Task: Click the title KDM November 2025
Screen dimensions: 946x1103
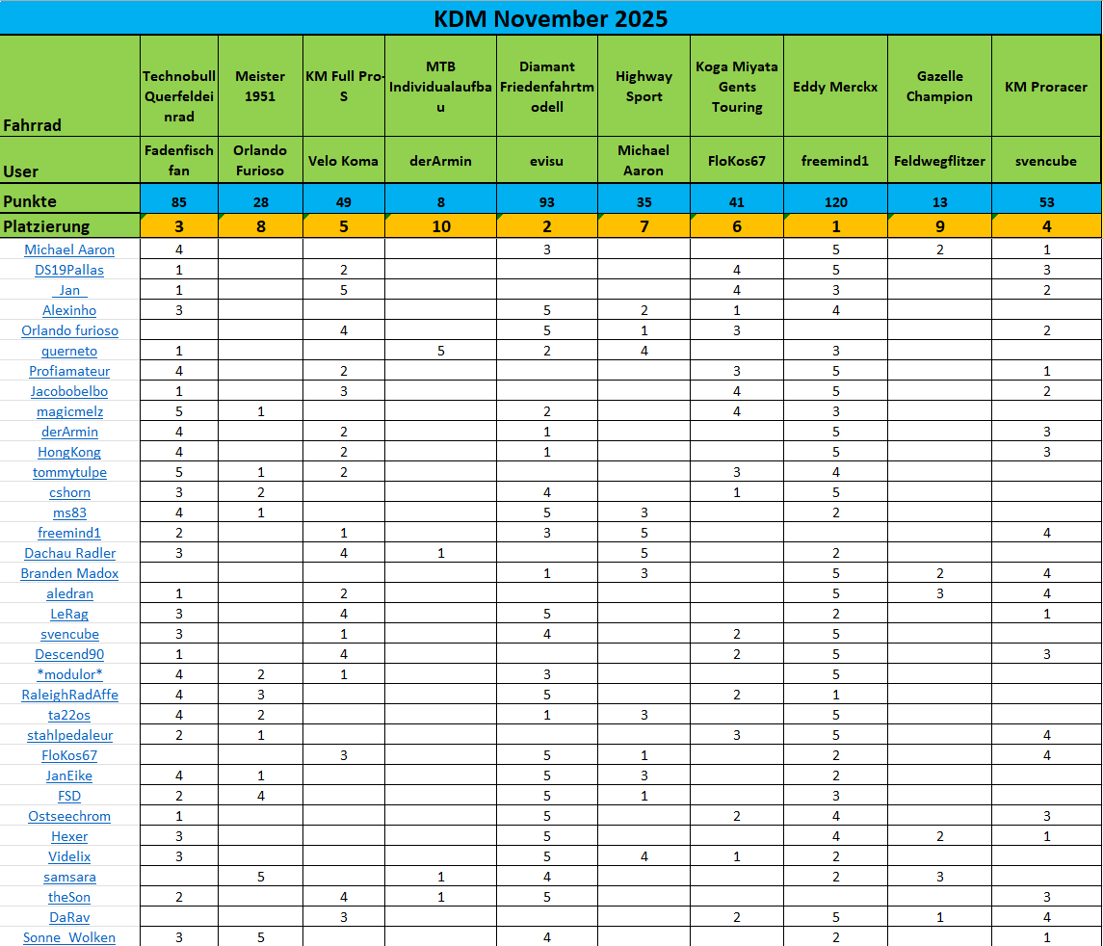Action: pos(550,18)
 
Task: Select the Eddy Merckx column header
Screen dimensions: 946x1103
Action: pos(835,87)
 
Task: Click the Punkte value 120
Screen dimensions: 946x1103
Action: pos(835,202)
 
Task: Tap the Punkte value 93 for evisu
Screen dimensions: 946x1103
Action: pos(546,202)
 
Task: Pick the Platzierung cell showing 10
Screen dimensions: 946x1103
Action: pos(440,226)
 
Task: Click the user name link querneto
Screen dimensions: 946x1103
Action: pos(69,351)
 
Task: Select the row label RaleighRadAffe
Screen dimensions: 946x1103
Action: pos(69,695)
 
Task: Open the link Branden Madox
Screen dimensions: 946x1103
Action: pos(69,573)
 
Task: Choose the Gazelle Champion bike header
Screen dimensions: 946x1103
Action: pos(938,87)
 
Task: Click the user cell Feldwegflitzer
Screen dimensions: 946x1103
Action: pos(938,161)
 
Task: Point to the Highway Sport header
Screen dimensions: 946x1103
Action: pos(643,87)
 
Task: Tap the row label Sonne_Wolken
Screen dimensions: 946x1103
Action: pos(69,937)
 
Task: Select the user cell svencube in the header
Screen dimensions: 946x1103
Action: pos(1046,161)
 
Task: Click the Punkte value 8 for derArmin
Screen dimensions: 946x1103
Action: pos(440,202)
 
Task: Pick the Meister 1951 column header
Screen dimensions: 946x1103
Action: pos(260,87)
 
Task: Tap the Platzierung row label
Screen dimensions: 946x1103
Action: pos(46,226)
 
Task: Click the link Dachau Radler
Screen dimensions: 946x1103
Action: pos(69,553)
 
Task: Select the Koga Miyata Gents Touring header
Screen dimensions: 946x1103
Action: pos(737,87)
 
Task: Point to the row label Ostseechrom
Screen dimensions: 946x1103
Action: pos(69,816)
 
